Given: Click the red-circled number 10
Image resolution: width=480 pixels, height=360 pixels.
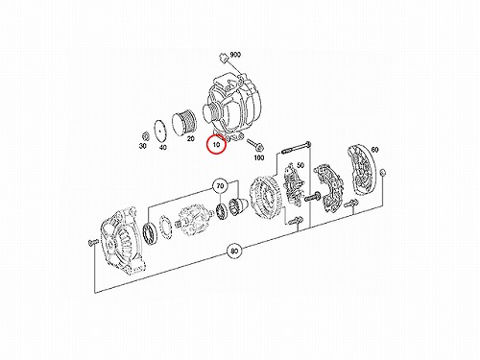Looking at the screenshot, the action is pyautogui.click(x=217, y=144).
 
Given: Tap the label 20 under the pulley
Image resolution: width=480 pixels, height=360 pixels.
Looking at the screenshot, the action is pyautogui.click(x=190, y=138).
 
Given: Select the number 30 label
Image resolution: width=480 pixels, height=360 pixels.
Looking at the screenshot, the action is pyautogui.click(x=143, y=146).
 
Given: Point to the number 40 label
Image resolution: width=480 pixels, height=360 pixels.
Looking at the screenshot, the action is pyautogui.click(x=163, y=148).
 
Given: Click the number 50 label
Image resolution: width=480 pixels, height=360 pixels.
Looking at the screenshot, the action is pyautogui.click(x=300, y=165).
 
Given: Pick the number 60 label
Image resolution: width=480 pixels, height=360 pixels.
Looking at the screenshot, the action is pyautogui.click(x=374, y=150).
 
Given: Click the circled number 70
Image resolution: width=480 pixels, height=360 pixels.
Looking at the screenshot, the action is pyautogui.click(x=220, y=186).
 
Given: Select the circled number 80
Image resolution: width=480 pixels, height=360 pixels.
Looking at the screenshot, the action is pyautogui.click(x=234, y=252).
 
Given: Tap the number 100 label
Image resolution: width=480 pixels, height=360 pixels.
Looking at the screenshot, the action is pyautogui.click(x=259, y=157).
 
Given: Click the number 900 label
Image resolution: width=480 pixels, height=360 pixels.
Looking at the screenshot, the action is pyautogui.click(x=235, y=55).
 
